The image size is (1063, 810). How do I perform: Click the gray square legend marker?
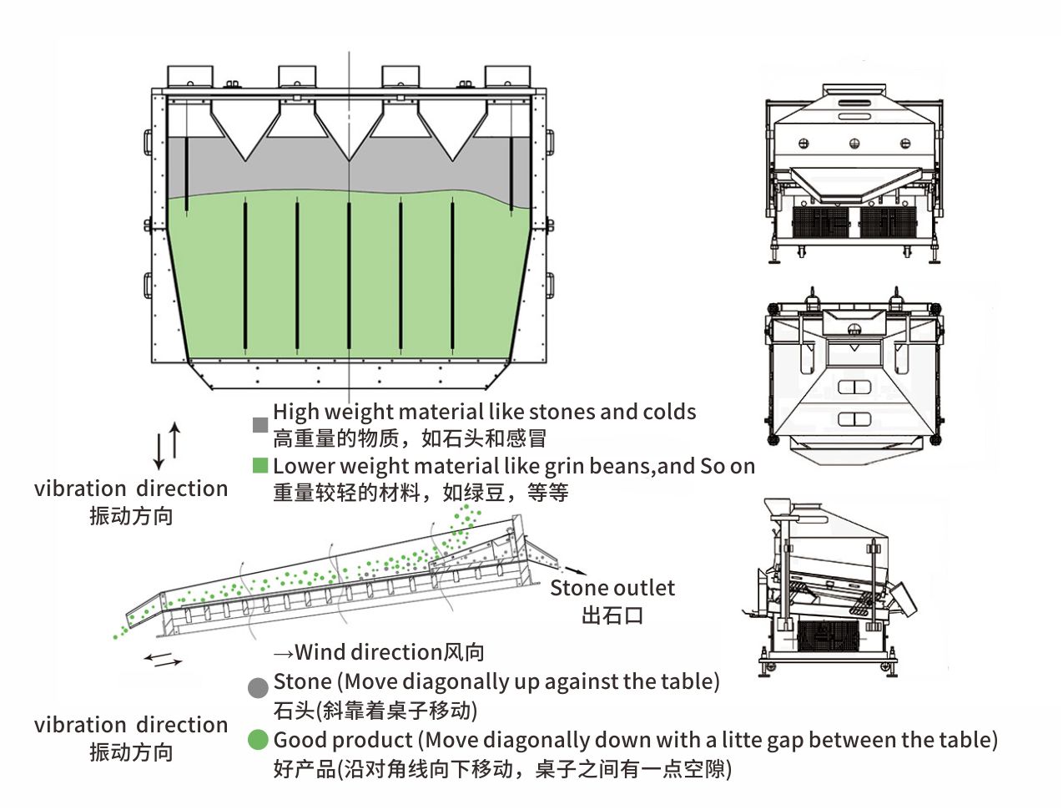click(260, 425)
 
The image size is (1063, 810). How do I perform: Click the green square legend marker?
click(260, 465)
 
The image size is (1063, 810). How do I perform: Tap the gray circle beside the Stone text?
click(259, 688)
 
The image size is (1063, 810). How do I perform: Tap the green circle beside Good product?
click(259, 740)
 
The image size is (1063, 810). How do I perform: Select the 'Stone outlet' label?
click(612, 588)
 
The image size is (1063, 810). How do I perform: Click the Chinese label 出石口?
click(612, 616)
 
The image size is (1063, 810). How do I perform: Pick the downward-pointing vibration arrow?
click(159, 452)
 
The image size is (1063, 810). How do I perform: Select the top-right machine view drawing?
click(854, 173)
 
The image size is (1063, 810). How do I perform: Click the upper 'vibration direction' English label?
click(131, 489)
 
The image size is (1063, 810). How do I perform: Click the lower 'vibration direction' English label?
click(131, 725)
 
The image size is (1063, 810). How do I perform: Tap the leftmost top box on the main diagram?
click(190, 76)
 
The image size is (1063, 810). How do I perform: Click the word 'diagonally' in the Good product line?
click(532, 740)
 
